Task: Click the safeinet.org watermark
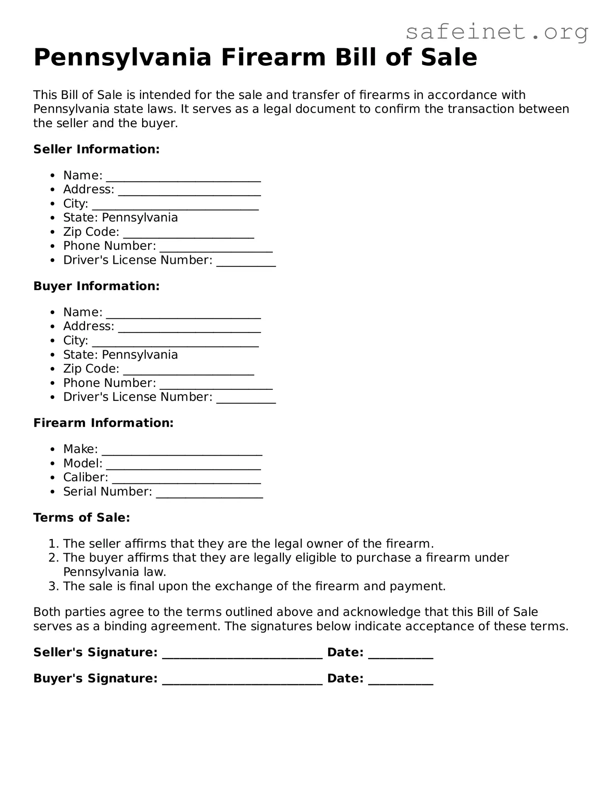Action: coord(497,32)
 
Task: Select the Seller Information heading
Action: coord(96,149)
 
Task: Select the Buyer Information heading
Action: coord(96,286)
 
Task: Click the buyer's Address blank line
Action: coord(189,330)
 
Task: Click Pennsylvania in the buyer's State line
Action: coord(140,355)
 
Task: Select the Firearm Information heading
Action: coord(103,423)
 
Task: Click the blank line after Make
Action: coord(182,453)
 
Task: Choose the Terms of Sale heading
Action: coord(82,517)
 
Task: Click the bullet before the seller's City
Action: coord(53,204)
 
